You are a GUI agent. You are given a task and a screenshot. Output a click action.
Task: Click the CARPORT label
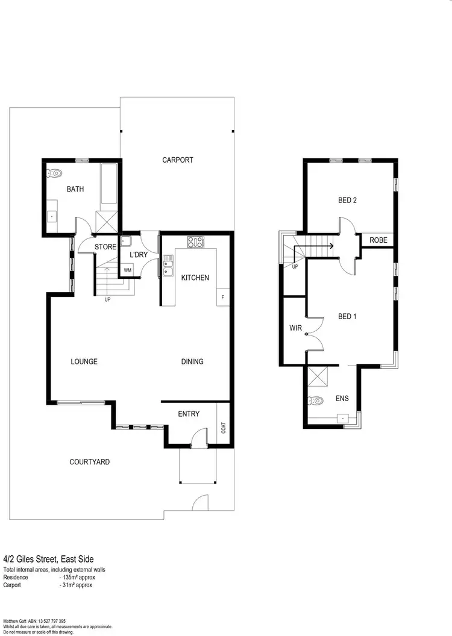(178, 160)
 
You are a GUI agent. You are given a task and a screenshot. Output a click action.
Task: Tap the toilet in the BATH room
(55, 173)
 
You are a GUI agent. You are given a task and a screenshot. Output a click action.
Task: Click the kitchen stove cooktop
(196, 242)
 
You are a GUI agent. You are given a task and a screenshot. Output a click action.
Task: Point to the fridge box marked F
(223, 298)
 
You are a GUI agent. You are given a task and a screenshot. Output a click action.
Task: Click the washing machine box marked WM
(128, 270)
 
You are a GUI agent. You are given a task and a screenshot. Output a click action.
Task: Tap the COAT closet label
(224, 428)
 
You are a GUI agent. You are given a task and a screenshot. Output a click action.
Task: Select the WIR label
(295, 328)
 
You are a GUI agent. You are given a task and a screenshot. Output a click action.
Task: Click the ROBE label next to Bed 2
(378, 240)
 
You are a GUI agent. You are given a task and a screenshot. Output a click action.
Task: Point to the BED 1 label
(347, 316)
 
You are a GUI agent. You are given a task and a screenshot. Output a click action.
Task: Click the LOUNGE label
(84, 362)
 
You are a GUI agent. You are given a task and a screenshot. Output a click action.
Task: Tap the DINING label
(192, 362)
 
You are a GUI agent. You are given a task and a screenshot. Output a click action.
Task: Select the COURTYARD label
(89, 462)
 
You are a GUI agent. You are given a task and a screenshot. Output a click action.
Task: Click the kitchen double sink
(168, 266)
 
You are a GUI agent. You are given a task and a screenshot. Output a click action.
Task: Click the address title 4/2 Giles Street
(48, 559)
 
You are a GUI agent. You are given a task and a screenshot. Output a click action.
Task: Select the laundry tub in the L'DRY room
(127, 242)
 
